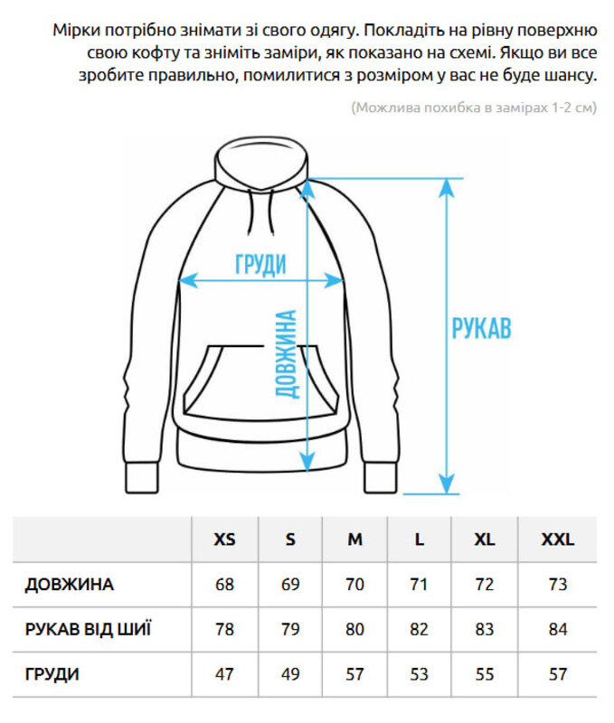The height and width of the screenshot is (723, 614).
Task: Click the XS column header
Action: tap(224, 540)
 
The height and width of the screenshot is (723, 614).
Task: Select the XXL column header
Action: tap(557, 540)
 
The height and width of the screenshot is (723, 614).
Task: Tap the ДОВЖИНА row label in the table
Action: tap(70, 584)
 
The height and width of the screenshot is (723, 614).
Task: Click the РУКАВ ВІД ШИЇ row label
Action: tap(88, 629)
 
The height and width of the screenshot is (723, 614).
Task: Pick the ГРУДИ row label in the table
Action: tap(52, 674)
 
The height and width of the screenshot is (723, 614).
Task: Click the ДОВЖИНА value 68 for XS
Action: tap(224, 584)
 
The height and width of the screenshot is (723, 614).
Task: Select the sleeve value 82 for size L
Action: tap(419, 629)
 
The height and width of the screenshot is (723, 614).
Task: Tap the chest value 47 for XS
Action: tap(224, 674)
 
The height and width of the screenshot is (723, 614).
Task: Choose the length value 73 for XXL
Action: tap(557, 584)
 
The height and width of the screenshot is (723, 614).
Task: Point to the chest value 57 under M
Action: tap(354, 674)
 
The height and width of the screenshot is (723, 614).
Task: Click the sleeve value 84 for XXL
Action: tap(557, 629)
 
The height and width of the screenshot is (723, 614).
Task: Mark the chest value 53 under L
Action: tap(419, 674)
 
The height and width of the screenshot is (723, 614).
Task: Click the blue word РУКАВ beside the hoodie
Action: tap(481, 327)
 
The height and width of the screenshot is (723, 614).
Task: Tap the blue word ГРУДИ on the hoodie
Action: tap(260, 264)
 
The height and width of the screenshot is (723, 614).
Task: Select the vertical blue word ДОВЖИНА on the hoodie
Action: tap(286, 353)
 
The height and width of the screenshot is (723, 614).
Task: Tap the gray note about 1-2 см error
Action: tap(474, 108)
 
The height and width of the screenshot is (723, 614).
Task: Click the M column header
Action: tap(354, 540)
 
